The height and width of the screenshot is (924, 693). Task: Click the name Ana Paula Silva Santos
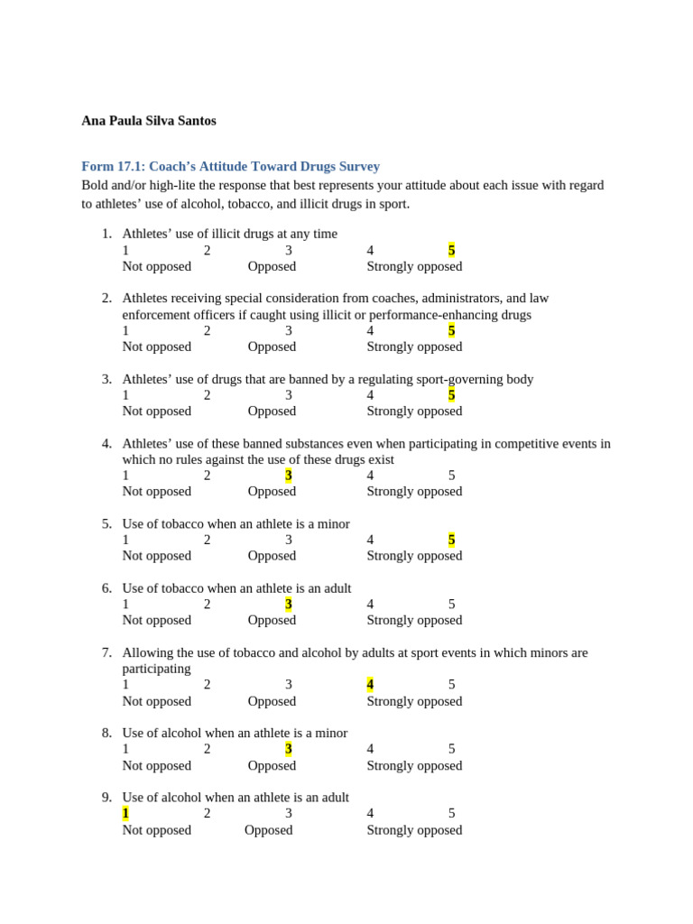pyautogui.click(x=149, y=121)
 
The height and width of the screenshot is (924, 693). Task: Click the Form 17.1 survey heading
pyautogui.click(x=230, y=167)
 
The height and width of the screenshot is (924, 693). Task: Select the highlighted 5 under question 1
pyautogui.click(x=451, y=250)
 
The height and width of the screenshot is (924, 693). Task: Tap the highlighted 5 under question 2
pyautogui.click(x=451, y=330)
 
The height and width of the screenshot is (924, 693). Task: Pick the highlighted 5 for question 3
pyautogui.click(x=451, y=395)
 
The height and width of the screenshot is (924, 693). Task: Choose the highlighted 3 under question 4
pyautogui.click(x=289, y=476)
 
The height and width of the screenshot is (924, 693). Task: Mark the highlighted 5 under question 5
pyautogui.click(x=451, y=540)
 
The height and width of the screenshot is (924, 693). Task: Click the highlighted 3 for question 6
pyautogui.click(x=289, y=605)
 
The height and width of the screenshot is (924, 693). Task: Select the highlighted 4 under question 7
pyautogui.click(x=370, y=685)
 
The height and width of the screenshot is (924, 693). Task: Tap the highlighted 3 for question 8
pyautogui.click(x=289, y=749)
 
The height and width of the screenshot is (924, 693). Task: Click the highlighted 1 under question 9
pyautogui.click(x=126, y=813)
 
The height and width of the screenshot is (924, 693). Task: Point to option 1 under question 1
pyautogui.click(x=126, y=250)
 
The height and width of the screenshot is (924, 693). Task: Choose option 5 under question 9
pyautogui.click(x=451, y=813)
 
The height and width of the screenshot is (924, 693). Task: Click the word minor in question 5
pyautogui.click(x=331, y=524)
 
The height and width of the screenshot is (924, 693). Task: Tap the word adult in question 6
pyautogui.click(x=333, y=588)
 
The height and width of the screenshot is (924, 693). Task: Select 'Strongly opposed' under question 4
pyautogui.click(x=414, y=492)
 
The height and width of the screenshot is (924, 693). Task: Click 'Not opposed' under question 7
pyautogui.click(x=156, y=701)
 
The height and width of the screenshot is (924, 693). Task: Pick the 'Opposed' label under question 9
pyautogui.click(x=268, y=830)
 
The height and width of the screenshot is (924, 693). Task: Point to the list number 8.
pyautogui.click(x=106, y=734)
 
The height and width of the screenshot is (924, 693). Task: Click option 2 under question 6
pyautogui.click(x=208, y=605)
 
